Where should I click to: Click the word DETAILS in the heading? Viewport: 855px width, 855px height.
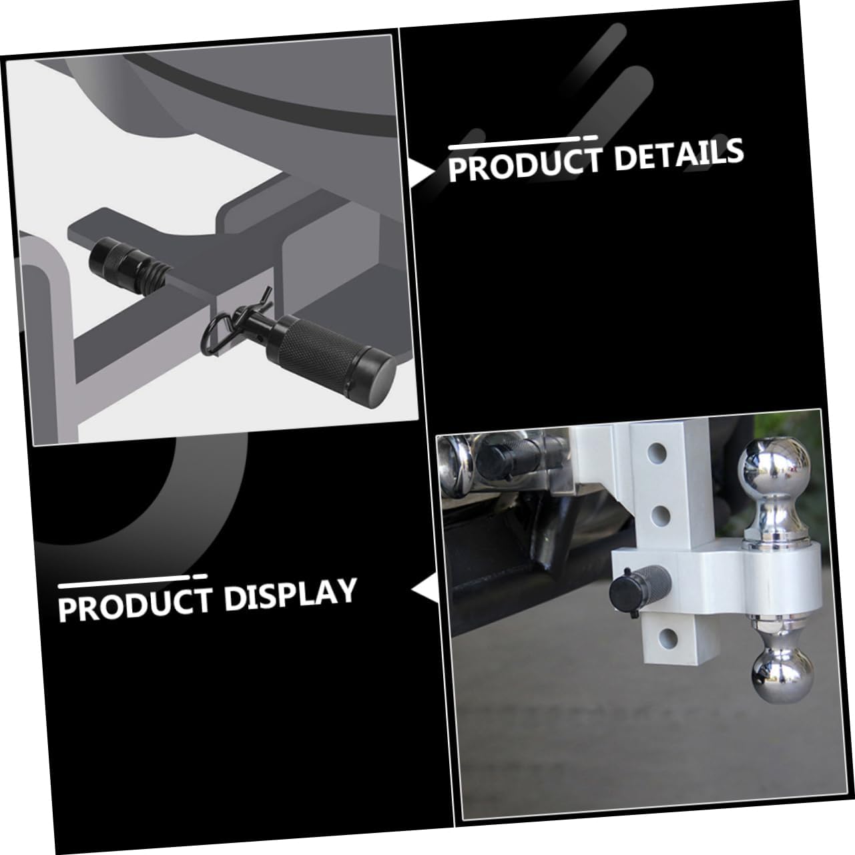[678, 156]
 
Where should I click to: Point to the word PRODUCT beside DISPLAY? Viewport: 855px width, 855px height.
[134, 603]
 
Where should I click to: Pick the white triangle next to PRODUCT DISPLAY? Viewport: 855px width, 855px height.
[424, 590]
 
